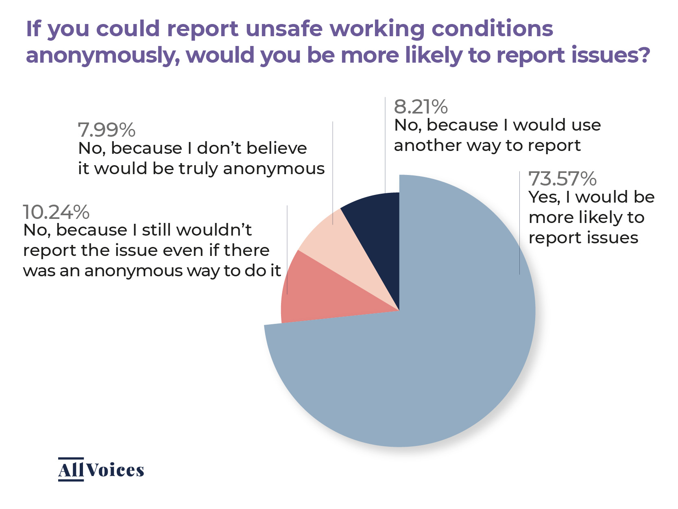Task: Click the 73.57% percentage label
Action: [562, 179]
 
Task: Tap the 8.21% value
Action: [421, 107]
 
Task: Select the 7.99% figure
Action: [107, 130]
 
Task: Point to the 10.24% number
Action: [56, 212]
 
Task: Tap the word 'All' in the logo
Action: [71, 470]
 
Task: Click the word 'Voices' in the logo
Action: [115, 470]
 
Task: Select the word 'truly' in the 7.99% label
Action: [199, 168]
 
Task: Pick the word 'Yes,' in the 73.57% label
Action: [545, 197]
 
